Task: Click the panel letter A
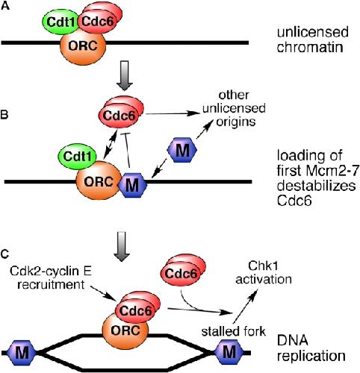(x=4, y=5)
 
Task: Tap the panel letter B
(x=4, y=116)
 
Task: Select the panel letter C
(x=4, y=254)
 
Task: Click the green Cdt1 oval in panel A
(x=61, y=22)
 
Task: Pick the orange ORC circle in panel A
(x=83, y=47)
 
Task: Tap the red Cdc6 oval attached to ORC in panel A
(x=98, y=22)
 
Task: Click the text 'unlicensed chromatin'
(x=312, y=40)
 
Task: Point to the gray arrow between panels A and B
(x=124, y=75)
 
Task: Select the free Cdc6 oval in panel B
(x=119, y=116)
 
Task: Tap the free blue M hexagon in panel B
(x=182, y=151)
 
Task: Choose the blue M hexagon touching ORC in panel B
(x=133, y=185)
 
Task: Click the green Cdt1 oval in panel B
(x=77, y=157)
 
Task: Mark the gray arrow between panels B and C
(x=124, y=246)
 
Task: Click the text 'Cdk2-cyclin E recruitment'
(x=51, y=278)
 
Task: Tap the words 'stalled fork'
(x=233, y=331)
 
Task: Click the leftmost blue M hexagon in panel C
(x=22, y=352)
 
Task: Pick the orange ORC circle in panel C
(x=125, y=330)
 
